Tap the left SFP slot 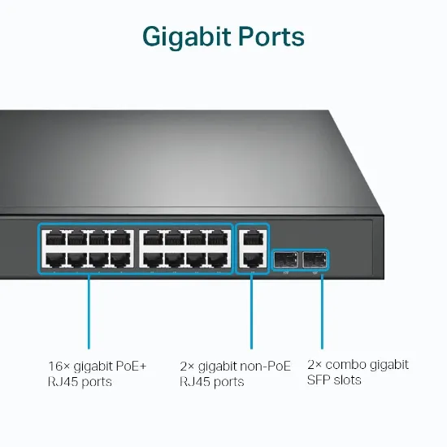pyautogui.click(x=285, y=259)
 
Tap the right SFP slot pyautogui.click(x=314, y=259)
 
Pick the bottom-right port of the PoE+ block pyautogui.click(x=217, y=259)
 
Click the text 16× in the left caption pyautogui.click(x=59, y=367)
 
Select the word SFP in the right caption pyautogui.click(x=319, y=380)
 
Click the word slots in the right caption pyautogui.click(x=346, y=380)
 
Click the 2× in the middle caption pyautogui.click(x=187, y=367)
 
